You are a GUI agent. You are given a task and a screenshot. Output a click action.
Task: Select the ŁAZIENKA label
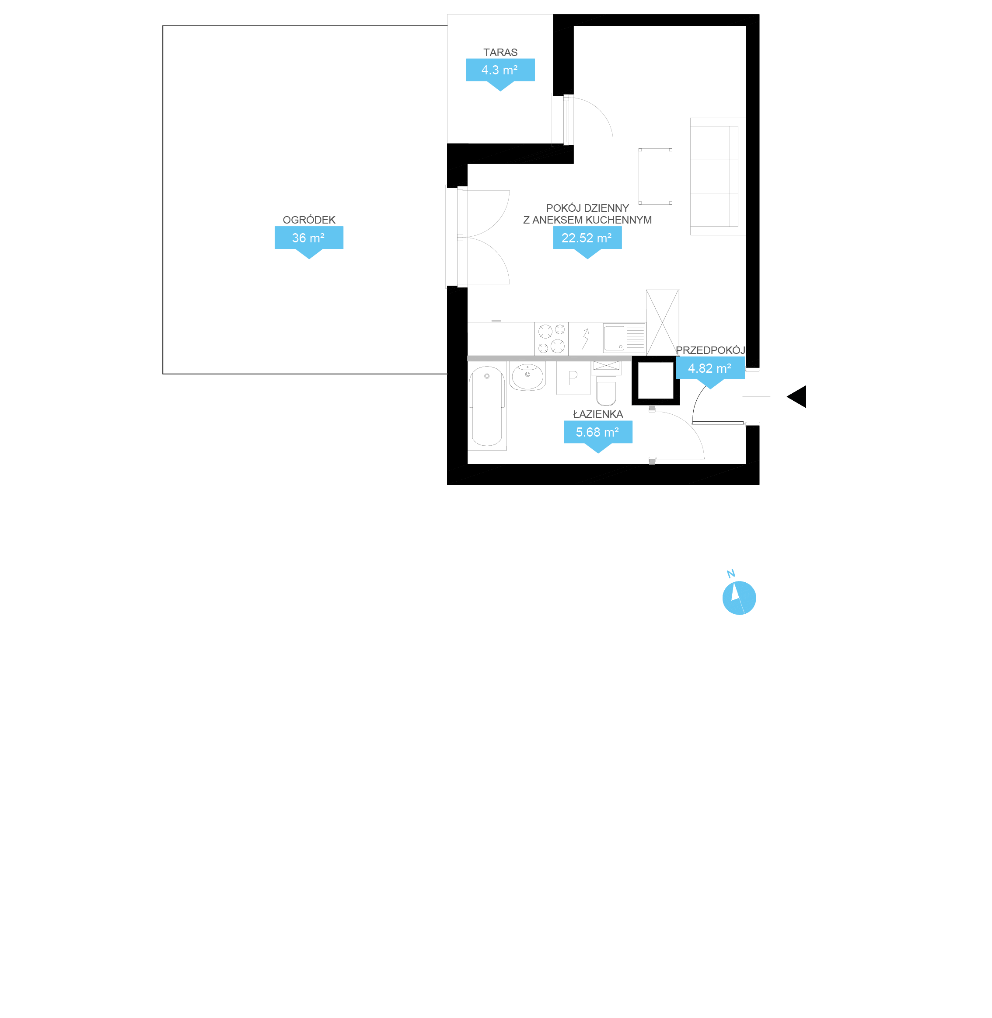click(x=597, y=414)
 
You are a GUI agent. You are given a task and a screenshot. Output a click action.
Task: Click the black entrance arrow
click(x=798, y=396)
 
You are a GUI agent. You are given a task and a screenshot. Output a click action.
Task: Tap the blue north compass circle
click(x=739, y=598)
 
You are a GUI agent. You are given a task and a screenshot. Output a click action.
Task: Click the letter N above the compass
click(x=730, y=574)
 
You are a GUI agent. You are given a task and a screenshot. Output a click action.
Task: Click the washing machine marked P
click(x=573, y=378)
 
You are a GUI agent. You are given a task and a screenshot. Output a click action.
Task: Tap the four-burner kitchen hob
click(x=551, y=339)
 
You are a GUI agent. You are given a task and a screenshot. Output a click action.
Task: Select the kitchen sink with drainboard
click(x=624, y=339)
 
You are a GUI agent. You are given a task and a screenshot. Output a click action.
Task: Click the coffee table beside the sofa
click(x=655, y=177)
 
